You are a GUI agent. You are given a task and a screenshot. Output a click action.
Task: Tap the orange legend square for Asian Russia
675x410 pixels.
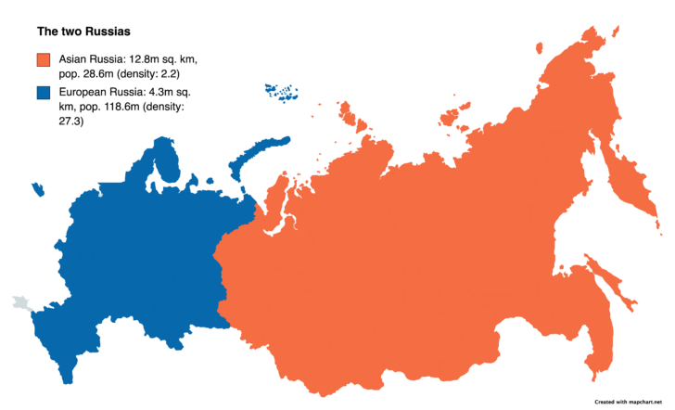(x=43, y=59)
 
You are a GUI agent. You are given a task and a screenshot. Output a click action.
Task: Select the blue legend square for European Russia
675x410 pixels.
(x=43, y=93)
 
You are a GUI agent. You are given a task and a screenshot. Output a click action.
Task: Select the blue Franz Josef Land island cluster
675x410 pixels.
(x=282, y=92)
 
